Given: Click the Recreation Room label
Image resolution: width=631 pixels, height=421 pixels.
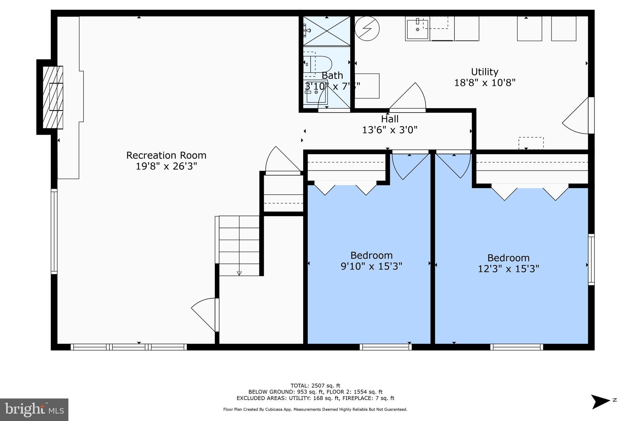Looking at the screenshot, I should [166, 155].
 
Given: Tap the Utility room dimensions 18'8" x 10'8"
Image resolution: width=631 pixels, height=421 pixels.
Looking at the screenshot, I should [485, 83].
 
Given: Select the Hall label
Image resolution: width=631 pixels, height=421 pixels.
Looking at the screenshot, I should [390, 119].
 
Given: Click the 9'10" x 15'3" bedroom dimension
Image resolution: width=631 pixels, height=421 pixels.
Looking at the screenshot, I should [371, 266].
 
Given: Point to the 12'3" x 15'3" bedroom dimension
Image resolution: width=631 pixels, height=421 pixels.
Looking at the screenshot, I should [508, 269].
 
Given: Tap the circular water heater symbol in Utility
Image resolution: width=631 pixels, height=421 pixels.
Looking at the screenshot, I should [367, 28].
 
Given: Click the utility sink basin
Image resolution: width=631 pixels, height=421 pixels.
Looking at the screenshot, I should [417, 29].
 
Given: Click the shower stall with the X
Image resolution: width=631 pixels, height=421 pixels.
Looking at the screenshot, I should [327, 31].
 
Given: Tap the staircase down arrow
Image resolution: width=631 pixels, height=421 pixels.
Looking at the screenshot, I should [239, 273].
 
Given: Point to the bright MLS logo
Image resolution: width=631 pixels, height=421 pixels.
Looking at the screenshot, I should [34, 410].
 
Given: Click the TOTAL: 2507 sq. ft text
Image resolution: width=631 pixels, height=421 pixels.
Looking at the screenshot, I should [315, 386].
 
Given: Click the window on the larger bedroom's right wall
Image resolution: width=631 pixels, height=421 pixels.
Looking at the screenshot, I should [591, 259].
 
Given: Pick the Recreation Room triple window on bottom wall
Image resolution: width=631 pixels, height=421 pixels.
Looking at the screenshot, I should [129, 347].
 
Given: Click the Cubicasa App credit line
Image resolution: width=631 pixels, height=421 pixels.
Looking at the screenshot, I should [315, 410].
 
